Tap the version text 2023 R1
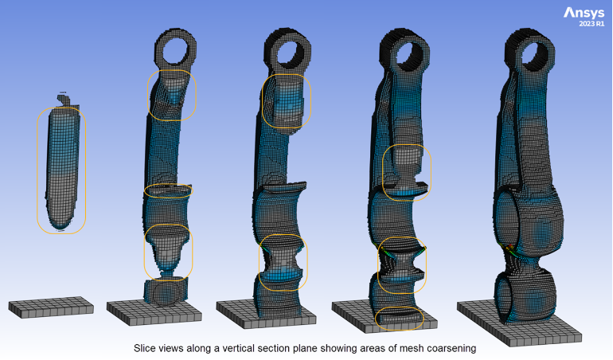point(590,25)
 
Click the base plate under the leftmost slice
point(50,307)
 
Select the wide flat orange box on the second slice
point(168,191)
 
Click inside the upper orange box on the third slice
point(287,101)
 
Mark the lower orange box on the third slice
point(283,262)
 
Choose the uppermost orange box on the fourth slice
point(406,172)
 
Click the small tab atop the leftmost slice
point(63,99)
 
